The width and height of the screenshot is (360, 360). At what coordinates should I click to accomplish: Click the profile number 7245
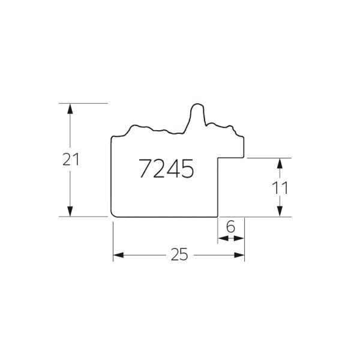pyautogui.click(x=166, y=169)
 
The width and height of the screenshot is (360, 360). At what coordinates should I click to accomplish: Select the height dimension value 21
pyautogui.click(x=71, y=160)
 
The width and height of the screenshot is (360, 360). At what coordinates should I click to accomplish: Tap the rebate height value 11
pyautogui.click(x=280, y=188)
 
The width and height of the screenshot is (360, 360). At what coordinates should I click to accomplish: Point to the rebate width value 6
pyautogui.click(x=230, y=227)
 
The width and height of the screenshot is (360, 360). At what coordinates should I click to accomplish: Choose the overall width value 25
pyautogui.click(x=179, y=254)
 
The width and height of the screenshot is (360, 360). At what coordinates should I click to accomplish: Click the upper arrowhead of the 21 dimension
pyautogui.click(x=70, y=109)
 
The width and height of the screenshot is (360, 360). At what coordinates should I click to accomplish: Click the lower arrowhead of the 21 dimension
pyautogui.click(x=70, y=211)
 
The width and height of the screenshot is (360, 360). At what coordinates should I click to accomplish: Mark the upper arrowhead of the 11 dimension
pyautogui.click(x=280, y=163)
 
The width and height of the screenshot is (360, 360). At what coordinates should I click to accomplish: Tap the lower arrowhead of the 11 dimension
pyautogui.click(x=280, y=211)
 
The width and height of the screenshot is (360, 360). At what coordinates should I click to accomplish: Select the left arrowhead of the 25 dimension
pyautogui.click(x=118, y=255)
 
